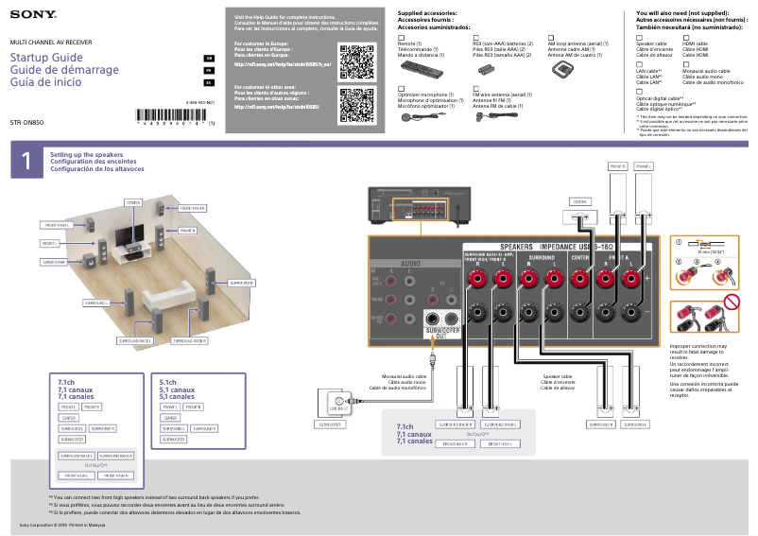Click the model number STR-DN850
[27, 123]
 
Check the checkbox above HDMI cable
[685, 36]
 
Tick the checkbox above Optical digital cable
[639, 91]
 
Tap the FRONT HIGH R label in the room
[192, 207]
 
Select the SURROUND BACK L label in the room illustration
[135, 339]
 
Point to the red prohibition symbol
[729, 304]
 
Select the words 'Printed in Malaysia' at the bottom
[84, 523]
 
